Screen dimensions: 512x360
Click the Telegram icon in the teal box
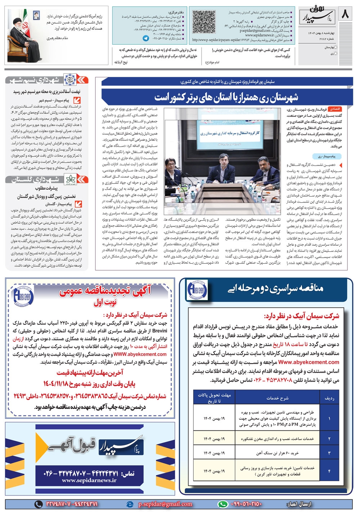click(x=145, y=38)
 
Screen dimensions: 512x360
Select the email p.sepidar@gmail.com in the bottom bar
click(x=165, y=504)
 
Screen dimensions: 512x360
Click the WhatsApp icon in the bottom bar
click(x=223, y=504)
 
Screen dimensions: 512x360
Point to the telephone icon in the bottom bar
click(x=38, y=504)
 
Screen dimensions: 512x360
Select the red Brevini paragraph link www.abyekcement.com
click(x=140, y=354)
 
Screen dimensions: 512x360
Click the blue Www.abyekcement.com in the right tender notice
click(x=309, y=362)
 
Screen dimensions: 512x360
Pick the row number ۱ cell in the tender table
click(x=329, y=419)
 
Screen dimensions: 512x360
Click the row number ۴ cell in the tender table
click(x=329, y=471)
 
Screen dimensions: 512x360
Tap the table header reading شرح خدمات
click(x=277, y=398)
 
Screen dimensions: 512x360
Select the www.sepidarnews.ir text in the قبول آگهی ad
click(x=89, y=480)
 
